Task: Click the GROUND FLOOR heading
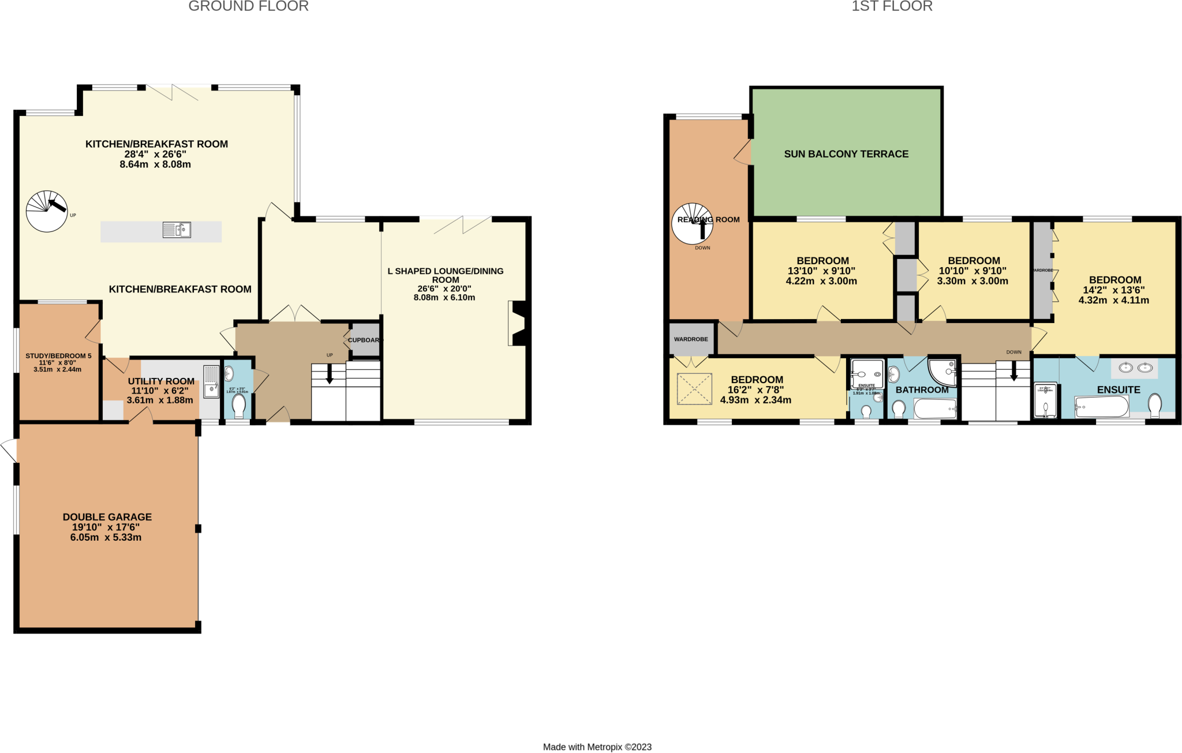pyautogui.click(x=248, y=6)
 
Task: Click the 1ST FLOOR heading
pyautogui.click(x=892, y=6)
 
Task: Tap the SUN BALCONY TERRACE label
pyautogui.click(x=846, y=154)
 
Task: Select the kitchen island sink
pyautogui.click(x=177, y=230)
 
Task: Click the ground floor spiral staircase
pyautogui.click(x=47, y=211)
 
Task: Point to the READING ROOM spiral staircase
pyautogui.click(x=692, y=223)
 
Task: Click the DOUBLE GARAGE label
pyautogui.click(x=107, y=517)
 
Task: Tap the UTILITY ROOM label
pyautogui.click(x=161, y=381)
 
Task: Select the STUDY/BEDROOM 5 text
pyautogui.click(x=58, y=356)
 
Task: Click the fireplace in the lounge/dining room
pyautogui.click(x=518, y=323)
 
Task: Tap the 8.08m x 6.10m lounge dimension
pyautogui.click(x=444, y=298)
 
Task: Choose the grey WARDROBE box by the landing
pyautogui.click(x=691, y=339)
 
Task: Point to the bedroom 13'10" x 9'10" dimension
pyautogui.click(x=821, y=271)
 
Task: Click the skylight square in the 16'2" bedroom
pyautogui.click(x=694, y=389)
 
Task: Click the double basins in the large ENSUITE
pyautogui.click(x=1135, y=368)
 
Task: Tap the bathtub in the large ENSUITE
pyautogui.click(x=1101, y=407)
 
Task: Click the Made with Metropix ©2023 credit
pyautogui.click(x=597, y=747)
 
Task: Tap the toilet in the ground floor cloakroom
pyautogui.click(x=238, y=404)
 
